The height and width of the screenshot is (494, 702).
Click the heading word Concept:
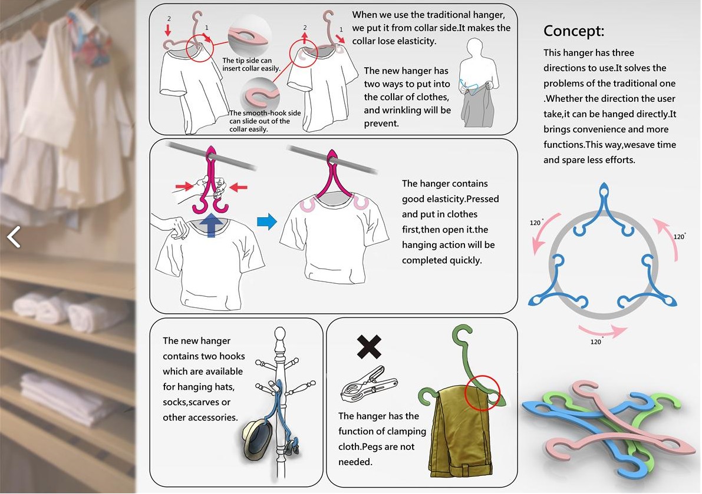tap(574, 31)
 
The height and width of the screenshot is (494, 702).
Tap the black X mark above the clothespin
tap(369, 346)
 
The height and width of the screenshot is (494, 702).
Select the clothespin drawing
tap(368, 384)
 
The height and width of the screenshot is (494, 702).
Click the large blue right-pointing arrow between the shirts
tap(267, 221)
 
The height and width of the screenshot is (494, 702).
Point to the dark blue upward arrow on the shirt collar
tap(211, 224)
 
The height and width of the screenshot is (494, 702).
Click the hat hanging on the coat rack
tap(258, 439)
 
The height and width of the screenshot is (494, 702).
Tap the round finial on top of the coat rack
tap(280, 334)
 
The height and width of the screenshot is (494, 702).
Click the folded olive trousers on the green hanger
tap(460, 432)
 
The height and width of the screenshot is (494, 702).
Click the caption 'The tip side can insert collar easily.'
tap(251, 64)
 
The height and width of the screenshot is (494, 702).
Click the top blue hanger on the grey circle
tap(604, 211)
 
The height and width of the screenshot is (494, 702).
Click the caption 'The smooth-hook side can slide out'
tap(265, 117)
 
